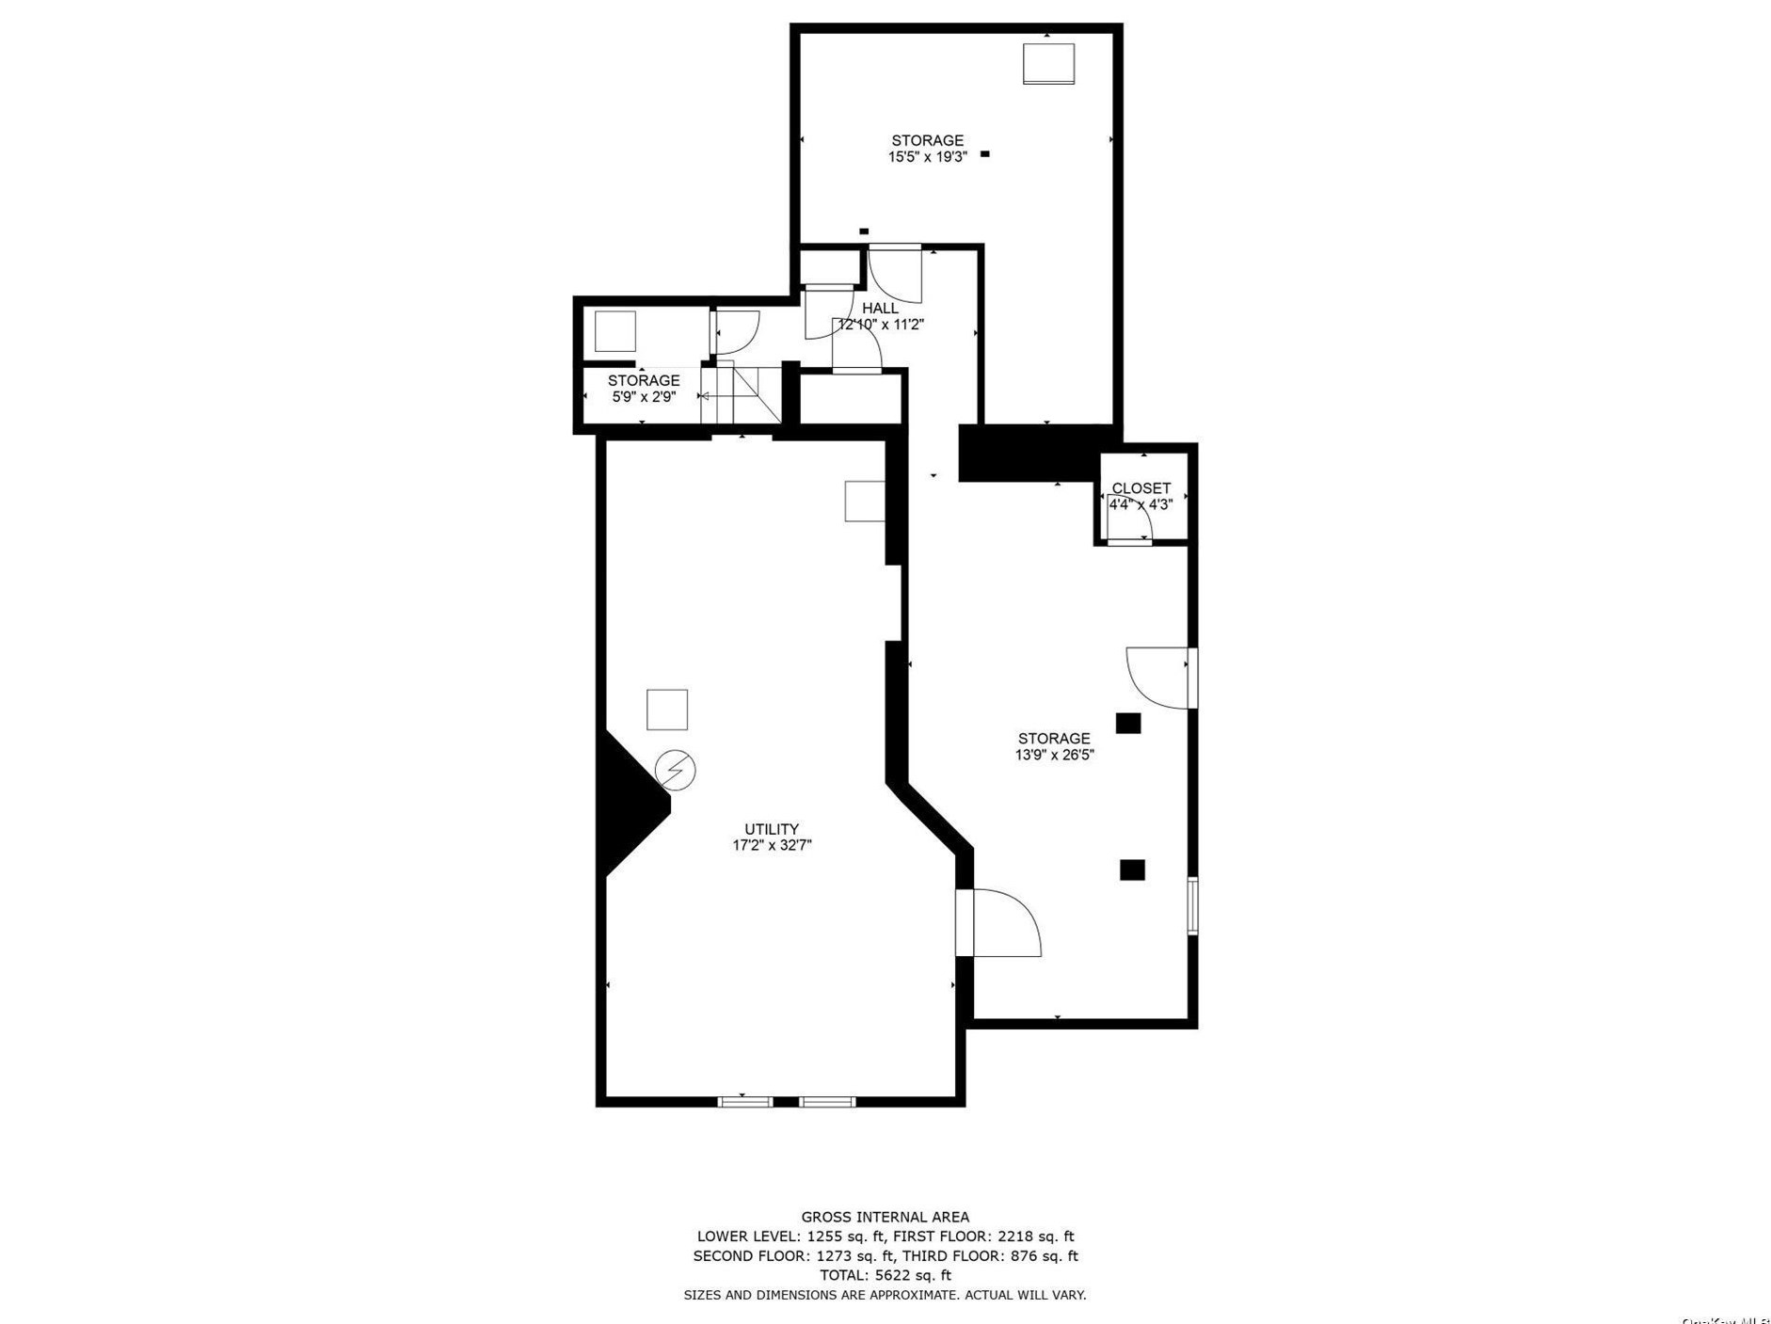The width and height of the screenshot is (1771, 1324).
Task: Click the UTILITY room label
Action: pyautogui.click(x=772, y=829)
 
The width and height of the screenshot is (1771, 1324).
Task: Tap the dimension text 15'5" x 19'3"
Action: pyautogui.click(x=927, y=157)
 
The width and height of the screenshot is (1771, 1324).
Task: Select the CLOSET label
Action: pyautogui.click(x=1141, y=488)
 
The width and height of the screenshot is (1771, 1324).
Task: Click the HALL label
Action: pyautogui.click(x=880, y=308)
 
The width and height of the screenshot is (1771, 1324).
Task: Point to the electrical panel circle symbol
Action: pyautogui.click(x=675, y=770)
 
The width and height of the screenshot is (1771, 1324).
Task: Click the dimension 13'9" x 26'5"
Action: pyautogui.click(x=1054, y=755)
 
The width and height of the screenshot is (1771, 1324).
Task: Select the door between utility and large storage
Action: pyautogui.click(x=1002, y=923)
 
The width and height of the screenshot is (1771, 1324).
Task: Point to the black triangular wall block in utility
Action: pyautogui.click(x=630, y=805)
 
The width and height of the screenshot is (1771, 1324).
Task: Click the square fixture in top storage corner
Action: pyautogui.click(x=1048, y=63)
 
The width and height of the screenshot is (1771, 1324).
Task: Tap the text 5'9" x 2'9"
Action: pyautogui.click(x=644, y=397)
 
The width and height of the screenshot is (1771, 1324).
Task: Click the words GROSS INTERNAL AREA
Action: pyautogui.click(x=885, y=1217)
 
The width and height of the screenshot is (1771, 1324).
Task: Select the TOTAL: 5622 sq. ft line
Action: pyautogui.click(x=885, y=1275)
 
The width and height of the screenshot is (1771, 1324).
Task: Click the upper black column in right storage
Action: pyautogui.click(x=1128, y=723)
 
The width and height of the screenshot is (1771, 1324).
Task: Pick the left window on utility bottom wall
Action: pyautogui.click(x=745, y=1101)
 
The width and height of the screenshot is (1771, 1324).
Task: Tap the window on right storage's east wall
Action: pyautogui.click(x=1192, y=905)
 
